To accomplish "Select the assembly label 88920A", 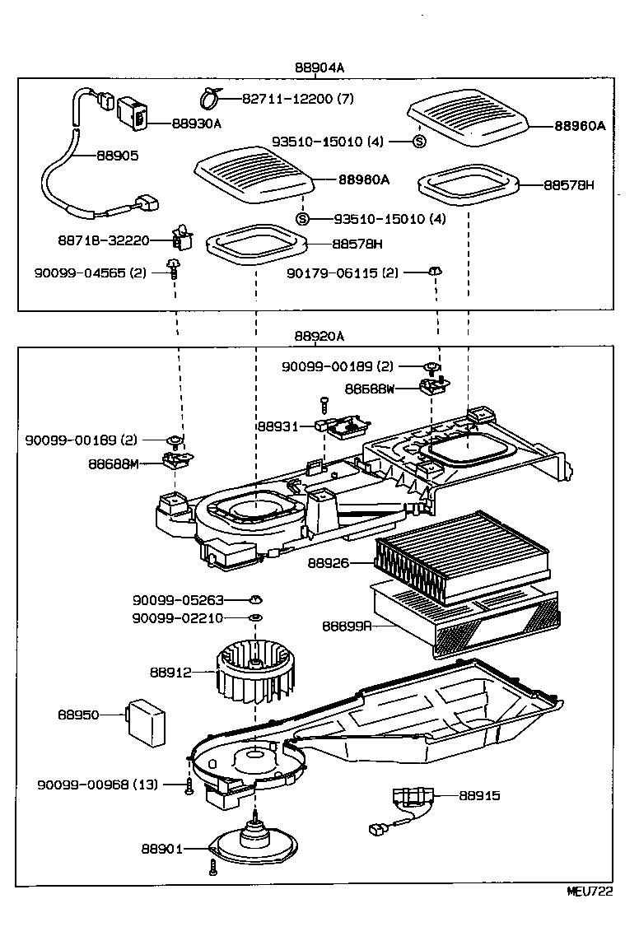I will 319,337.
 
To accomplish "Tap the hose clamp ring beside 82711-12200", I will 208,100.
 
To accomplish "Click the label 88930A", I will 197,123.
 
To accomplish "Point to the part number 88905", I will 118,155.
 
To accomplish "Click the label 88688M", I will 114,463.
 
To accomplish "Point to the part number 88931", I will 273,426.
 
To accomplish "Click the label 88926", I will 328,563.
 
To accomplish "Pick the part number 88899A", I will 347,626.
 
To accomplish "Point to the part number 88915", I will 479,796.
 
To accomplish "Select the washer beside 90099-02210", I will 256,617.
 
